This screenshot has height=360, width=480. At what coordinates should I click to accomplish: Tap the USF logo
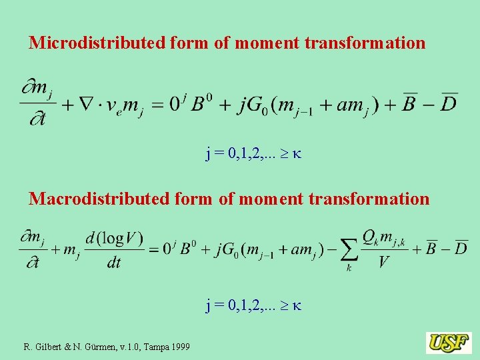click(x=449, y=343)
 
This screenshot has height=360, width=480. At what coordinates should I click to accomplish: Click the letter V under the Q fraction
click(x=383, y=262)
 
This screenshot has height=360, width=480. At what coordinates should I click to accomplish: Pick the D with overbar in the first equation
click(x=449, y=104)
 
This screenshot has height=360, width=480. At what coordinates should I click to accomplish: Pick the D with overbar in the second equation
click(x=460, y=248)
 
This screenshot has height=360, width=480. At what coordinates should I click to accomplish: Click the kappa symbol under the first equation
click(x=297, y=155)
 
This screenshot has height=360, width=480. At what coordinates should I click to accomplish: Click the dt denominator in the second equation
click(x=114, y=263)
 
